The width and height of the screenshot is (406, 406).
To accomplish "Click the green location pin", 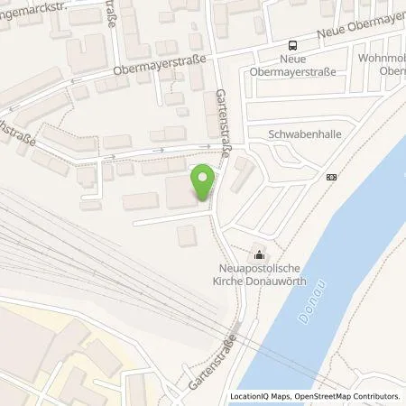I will pyautogui.click(x=204, y=180).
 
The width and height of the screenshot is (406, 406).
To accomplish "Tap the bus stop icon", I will pyautogui.click(x=291, y=46).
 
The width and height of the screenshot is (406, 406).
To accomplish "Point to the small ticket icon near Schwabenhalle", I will pyautogui.click(x=331, y=177).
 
